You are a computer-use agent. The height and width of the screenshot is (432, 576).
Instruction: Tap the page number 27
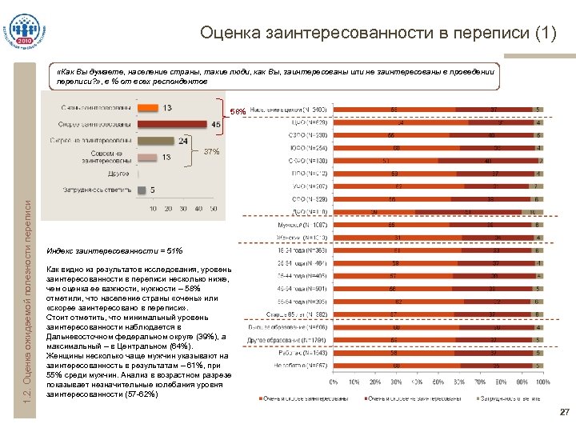coord(564,413)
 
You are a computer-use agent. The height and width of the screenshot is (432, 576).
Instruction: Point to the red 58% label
coord(238,110)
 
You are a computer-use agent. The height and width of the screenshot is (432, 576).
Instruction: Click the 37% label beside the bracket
coord(211,151)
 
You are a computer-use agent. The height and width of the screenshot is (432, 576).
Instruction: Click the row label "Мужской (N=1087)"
coord(296,226)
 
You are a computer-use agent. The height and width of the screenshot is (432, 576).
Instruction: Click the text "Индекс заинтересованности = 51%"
coord(115,250)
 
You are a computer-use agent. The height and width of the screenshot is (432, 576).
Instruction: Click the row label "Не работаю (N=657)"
coord(296,365)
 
